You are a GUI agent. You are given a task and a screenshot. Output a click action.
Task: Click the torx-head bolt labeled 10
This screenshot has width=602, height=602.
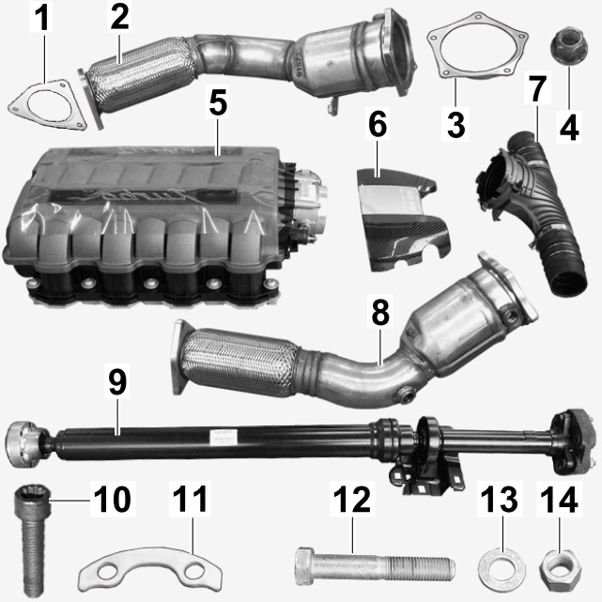[x=32, y=541]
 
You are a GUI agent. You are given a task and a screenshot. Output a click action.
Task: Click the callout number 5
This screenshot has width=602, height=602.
[x=218, y=103]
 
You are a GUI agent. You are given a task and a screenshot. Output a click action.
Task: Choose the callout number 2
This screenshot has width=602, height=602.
[x=119, y=17]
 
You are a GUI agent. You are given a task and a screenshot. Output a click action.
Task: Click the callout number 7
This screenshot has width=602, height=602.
[x=537, y=88]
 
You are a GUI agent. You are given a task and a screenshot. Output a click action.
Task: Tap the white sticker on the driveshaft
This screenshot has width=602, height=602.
[x=224, y=438]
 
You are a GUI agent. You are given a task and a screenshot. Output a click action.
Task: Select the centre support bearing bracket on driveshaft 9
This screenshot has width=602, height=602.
[x=428, y=456]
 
